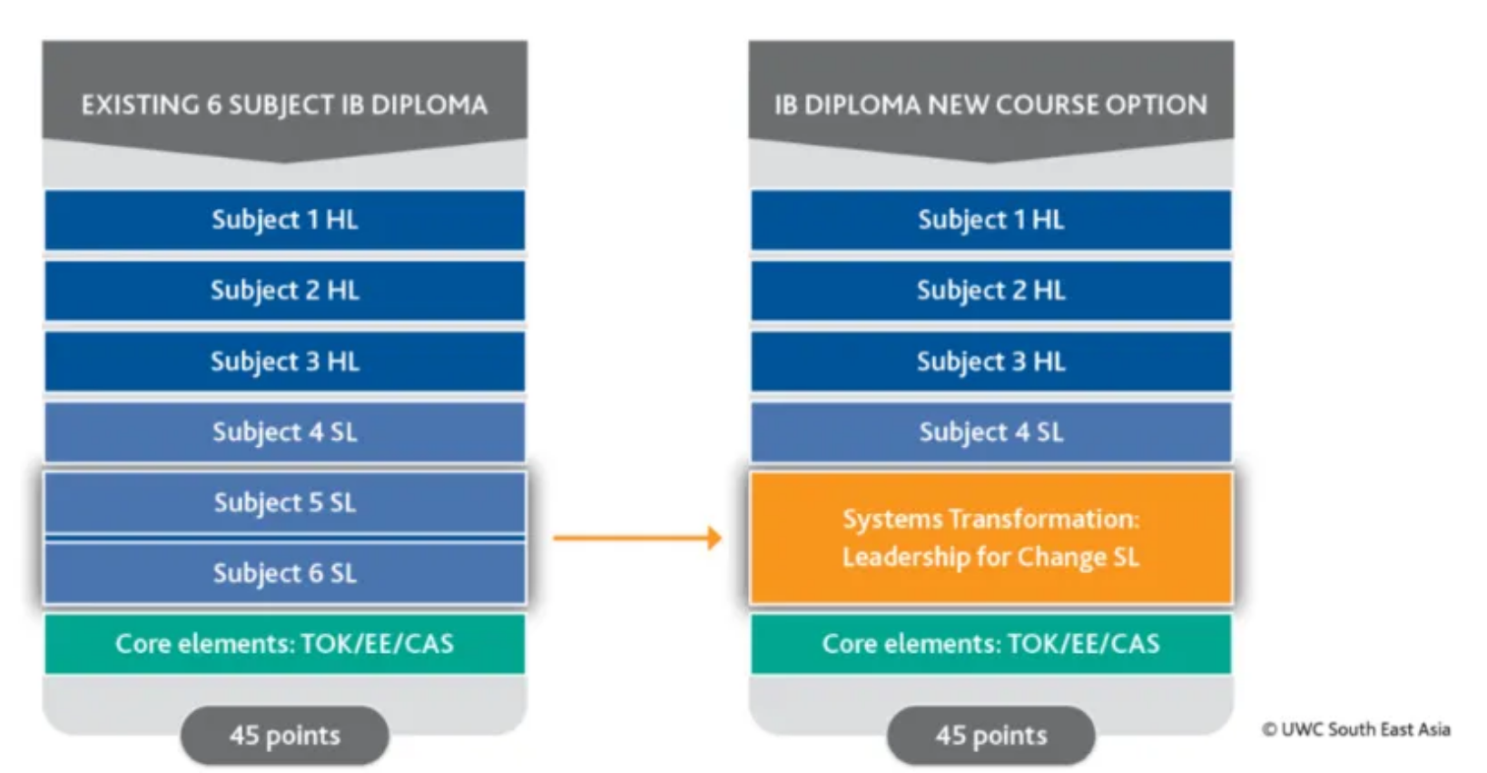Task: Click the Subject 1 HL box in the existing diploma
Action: tap(284, 220)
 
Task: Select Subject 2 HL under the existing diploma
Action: tap(284, 291)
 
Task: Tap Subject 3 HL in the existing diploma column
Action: tap(284, 362)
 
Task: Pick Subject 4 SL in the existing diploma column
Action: tap(284, 432)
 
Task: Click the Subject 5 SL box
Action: tap(284, 502)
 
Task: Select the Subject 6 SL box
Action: tap(284, 573)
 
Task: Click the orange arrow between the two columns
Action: tap(636, 538)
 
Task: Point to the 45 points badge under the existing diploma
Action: tap(284, 735)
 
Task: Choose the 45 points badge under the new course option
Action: tap(990, 735)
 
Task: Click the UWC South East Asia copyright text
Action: tap(1355, 729)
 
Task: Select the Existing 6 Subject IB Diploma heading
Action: tap(284, 105)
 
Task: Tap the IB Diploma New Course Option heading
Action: tap(990, 105)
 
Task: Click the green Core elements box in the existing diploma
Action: tap(284, 644)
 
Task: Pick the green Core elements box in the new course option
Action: tap(990, 644)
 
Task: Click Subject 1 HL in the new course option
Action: tap(990, 220)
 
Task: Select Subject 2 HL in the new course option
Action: tap(990, 291)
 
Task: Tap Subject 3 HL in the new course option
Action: tap(990, 362)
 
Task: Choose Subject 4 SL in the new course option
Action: tap(990, 432)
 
